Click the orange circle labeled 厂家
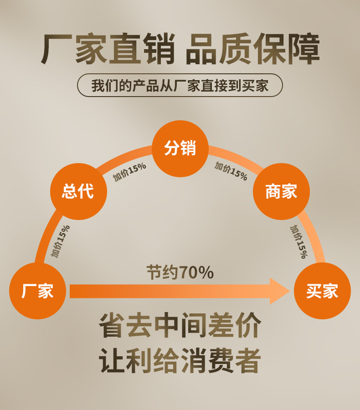pos(37,291)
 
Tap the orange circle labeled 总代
pos(78,191)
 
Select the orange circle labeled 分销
pos(180,149)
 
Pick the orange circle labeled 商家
pos(281,191)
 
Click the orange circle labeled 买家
pos(322,291)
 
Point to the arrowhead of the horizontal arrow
pos(279,291)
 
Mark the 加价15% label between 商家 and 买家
pos(298,241)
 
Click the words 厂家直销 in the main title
pos(108,49)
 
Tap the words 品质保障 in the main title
pos(252,49)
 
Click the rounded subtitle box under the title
pos(180,85)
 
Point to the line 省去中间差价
pos(180,325)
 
